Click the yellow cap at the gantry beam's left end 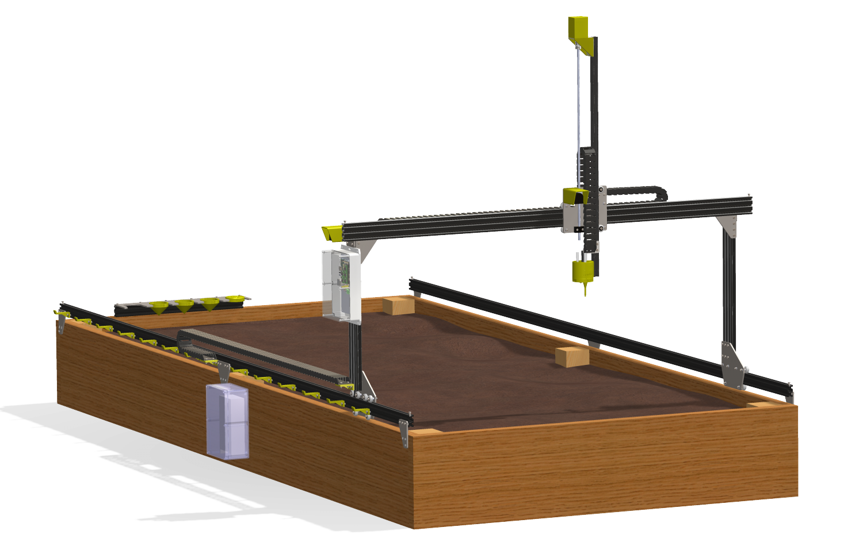pos(331,233)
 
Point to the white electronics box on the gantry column pos(341,285)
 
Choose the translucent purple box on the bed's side pos(228,422)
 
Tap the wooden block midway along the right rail pos(572,356)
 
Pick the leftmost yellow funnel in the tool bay pos(158,307)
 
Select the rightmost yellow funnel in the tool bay pos(234,300)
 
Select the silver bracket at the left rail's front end pos(404,433)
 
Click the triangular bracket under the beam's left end pos(366,248)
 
